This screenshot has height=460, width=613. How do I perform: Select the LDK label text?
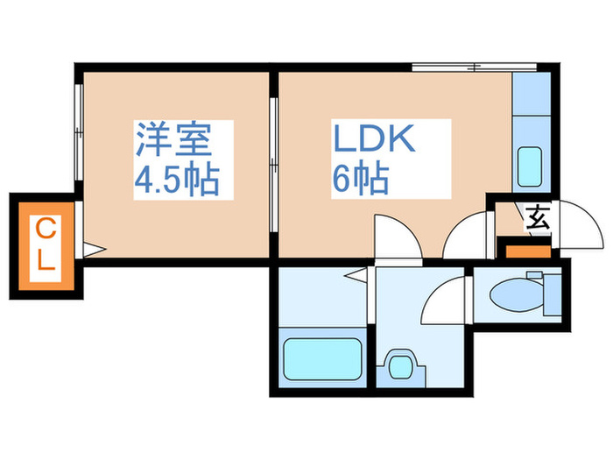371,139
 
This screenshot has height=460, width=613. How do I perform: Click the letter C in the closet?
46,230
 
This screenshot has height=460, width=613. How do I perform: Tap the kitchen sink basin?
531,165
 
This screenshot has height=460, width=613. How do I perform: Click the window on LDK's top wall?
473,67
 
